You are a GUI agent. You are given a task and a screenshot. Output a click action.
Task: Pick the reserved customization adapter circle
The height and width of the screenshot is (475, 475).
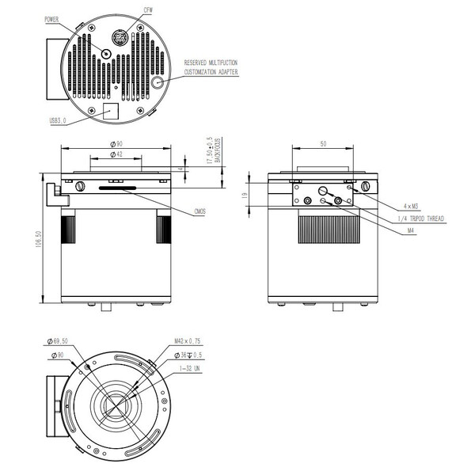coord(158,81)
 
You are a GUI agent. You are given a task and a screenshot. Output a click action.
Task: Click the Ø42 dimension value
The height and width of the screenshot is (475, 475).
coord(116,154)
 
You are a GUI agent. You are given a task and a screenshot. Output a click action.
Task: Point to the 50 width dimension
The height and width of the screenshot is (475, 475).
coord(324,143)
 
